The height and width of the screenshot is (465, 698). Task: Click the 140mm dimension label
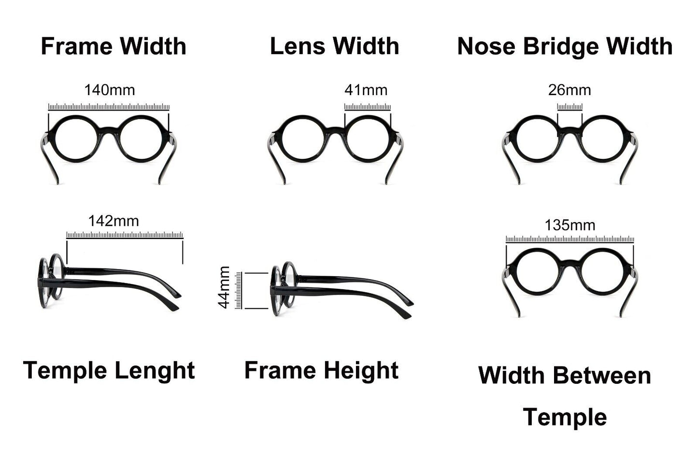[x=110, y=90]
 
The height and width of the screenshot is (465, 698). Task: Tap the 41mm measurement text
[x=366, y=90]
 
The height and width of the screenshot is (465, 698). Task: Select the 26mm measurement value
[x=570, y=90]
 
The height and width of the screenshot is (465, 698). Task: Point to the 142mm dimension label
[x=114, y=221]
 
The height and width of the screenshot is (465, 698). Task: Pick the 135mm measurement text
[x=570, y=225]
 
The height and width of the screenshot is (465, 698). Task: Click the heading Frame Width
[x=114, y=46]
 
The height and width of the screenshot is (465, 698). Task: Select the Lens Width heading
[x=334, y=46]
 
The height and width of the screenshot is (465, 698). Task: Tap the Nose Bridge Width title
[x=565, y=46]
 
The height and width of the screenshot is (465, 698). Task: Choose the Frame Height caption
[x=321, y=371]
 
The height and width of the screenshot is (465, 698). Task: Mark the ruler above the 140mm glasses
[x=109, y=107]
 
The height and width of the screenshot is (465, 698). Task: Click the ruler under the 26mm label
[x=570, y=107]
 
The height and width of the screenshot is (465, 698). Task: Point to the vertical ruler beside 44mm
[x=238, y=290]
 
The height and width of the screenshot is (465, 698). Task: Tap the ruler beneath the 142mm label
[x=125, y=235]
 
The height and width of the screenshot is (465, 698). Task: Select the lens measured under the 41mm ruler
[x=368, y=139]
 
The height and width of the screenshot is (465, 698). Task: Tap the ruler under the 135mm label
[x=570, y=239]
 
